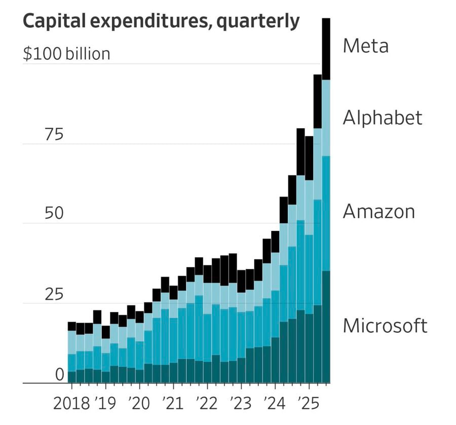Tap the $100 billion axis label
point(66,53)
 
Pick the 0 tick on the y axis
point(60,375)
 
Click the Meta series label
point(365,46)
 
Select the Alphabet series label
point(382,118)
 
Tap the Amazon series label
point(378,211)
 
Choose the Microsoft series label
point(385,326)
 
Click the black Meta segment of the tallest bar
point(326,49)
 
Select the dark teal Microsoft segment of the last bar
point(326,327)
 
